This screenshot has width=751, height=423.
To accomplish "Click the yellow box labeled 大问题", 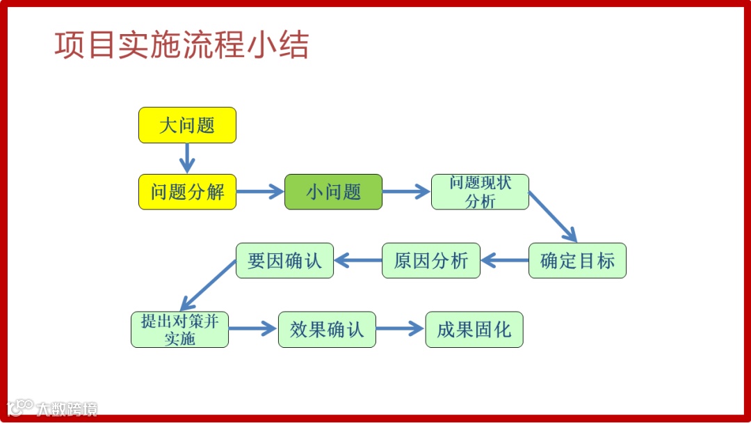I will [x=187, y=125].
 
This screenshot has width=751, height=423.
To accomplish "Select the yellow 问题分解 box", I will [x=187, y=192].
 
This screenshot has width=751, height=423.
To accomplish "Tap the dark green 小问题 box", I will [x=333, y=192].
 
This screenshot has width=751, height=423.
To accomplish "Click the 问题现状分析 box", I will [x=480, y=192].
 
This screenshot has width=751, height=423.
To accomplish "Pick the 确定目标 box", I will [x=577, y=261].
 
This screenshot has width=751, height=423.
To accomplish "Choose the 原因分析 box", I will [x=430, y=261].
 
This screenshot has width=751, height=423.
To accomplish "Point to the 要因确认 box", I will [x=284, y=261].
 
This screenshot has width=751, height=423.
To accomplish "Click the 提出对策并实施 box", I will [x=179, y=330].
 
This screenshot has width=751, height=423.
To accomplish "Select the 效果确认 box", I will [x=327, y=330].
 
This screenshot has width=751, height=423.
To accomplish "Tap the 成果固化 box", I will [x=474, y=330].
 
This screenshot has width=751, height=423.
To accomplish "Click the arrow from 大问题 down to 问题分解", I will [x=186, y=158].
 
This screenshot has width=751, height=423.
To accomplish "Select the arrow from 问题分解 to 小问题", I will [x=260, y=192].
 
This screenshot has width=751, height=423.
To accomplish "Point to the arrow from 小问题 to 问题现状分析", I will [x=407, y=192].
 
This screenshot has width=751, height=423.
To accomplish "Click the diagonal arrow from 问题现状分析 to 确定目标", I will [x=553, y=217].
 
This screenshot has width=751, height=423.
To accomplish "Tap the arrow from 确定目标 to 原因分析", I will [x=504, y=261].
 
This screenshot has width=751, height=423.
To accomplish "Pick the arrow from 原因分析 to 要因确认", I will [x=358, y=261].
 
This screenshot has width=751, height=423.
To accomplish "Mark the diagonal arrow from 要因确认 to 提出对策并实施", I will [x=209, y=285].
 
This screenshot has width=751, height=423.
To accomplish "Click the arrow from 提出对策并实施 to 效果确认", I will [x=253, y=330].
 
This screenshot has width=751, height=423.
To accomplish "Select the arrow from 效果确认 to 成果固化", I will [x=400, y=330].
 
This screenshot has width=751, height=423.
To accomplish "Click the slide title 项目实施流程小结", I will [x=181, y=46].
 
